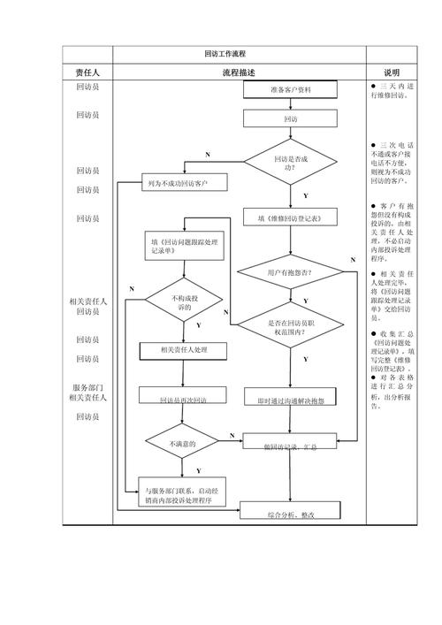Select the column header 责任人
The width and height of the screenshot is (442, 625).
[88, 72]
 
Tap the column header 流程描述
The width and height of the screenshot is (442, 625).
[239, 72]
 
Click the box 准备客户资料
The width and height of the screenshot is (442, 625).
[291, 91]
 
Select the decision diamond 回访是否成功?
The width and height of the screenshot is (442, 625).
[291, 162]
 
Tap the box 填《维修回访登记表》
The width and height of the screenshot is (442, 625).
[291, 216]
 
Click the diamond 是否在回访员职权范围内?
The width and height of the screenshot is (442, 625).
[291, 328]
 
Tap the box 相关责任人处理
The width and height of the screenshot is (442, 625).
[183, 350]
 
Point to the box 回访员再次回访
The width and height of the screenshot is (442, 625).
[183, 400]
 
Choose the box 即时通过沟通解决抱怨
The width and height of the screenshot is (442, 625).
[291, 400]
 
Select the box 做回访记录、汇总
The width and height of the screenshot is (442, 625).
[291, 446]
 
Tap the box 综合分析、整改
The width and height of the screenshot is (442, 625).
[291, 514]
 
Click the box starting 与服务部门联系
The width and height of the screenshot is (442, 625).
[183, 494]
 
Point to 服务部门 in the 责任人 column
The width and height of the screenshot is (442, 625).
[88, 388]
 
